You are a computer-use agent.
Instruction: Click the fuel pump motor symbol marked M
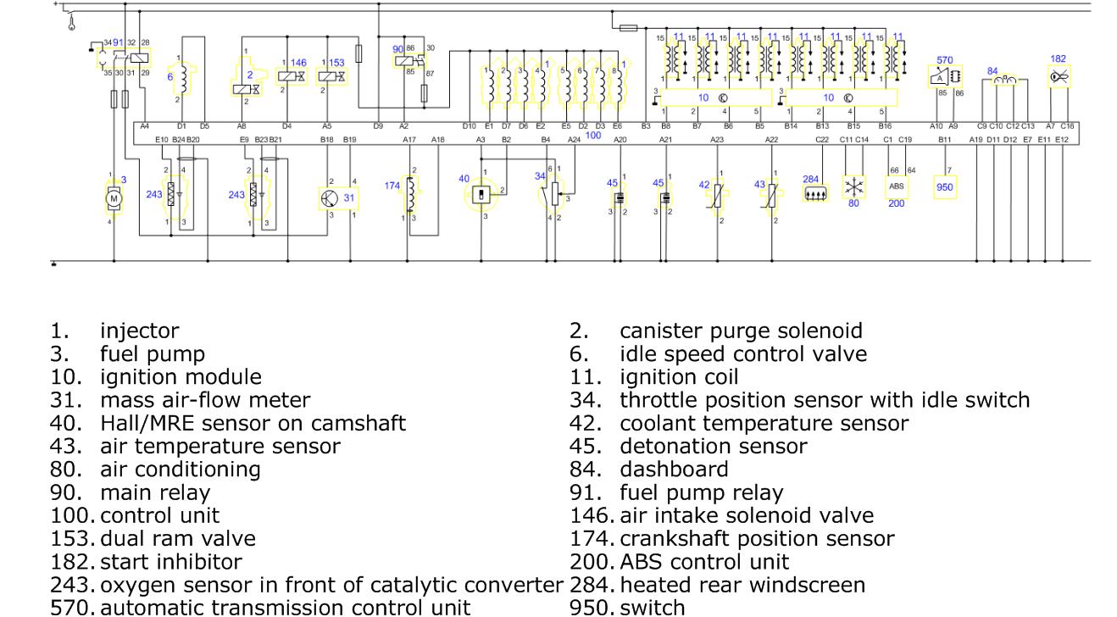(114, 197)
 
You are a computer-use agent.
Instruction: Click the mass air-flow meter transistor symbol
(331, 197)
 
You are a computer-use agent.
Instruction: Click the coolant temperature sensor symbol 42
(719, 196)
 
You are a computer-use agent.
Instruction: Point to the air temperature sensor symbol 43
(772, 196)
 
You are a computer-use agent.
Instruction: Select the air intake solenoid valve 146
(290, 76)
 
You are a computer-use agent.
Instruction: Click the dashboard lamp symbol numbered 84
(1005, 81)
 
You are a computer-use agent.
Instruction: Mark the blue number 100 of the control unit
(593, 136)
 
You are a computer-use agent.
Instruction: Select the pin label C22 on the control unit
(821, 139)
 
